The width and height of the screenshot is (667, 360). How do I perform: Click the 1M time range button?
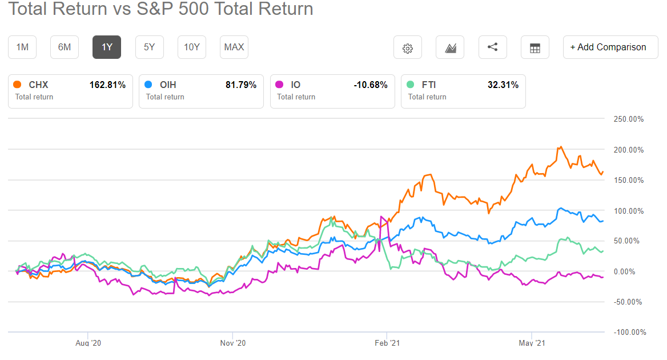click(22, 47)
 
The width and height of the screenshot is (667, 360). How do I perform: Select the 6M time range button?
click(65, 47)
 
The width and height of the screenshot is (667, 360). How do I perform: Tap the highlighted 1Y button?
click(107, 47)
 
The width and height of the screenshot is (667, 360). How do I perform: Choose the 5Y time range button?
click(149, 47)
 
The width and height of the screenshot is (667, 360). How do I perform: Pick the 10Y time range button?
click(192, 47)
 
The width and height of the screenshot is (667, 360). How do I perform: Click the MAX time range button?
click(234, 47)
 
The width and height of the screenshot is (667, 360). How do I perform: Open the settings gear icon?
click(408, 48)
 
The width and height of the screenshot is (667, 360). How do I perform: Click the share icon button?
click(492, 47)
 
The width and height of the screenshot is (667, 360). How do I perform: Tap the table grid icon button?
click(535, 48)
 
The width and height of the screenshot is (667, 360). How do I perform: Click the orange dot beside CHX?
click(17, 85)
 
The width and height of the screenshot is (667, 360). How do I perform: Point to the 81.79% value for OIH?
click(241, 85)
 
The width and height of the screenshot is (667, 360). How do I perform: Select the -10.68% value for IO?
click(371, 85)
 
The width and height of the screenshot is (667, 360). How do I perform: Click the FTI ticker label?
click(429, 85)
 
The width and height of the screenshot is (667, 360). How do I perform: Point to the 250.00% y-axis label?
click(628, 119)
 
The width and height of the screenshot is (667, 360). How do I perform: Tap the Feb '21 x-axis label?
click(387, 343)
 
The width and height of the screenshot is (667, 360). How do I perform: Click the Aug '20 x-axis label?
click(89, 343)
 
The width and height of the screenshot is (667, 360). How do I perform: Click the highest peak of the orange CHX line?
click(561, 147)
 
